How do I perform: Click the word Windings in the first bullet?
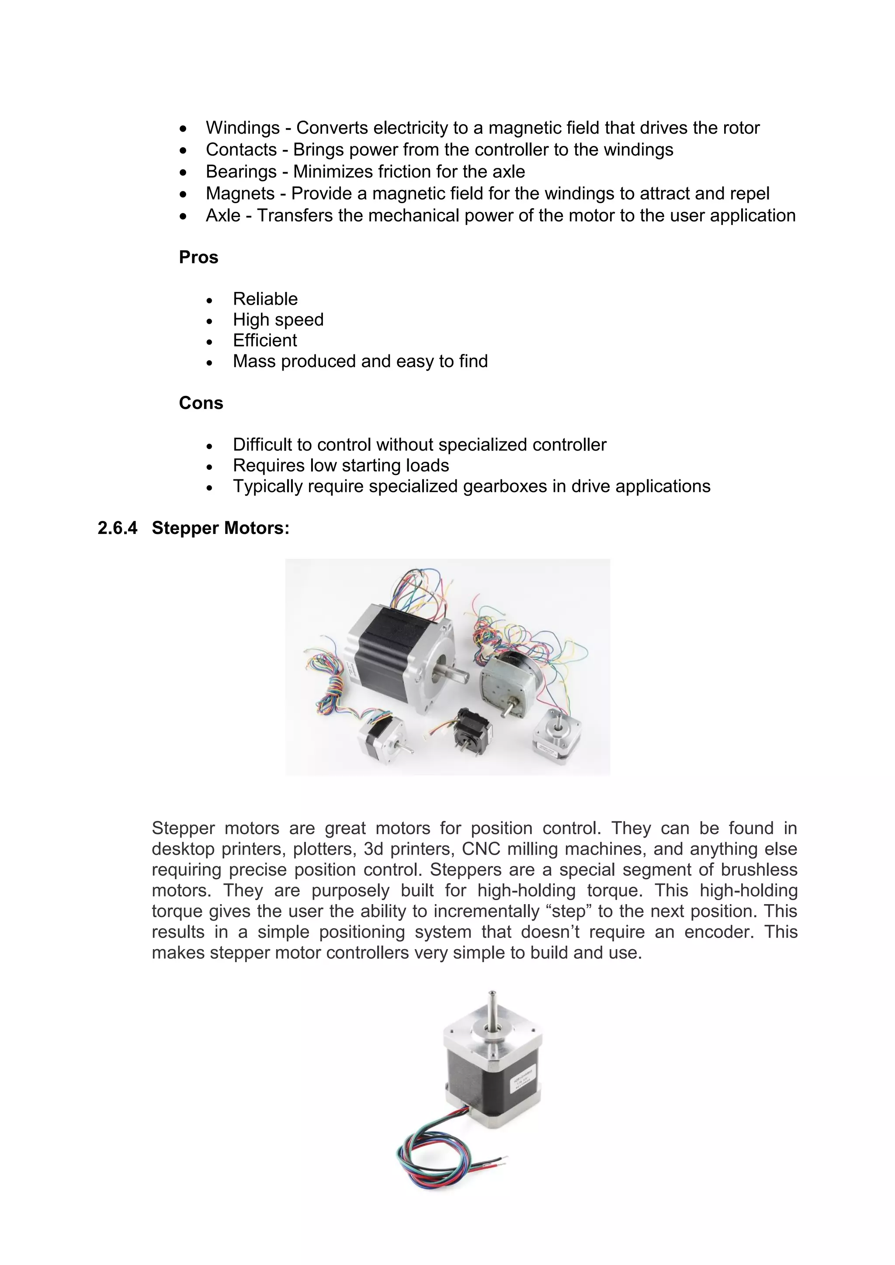pos(243,128)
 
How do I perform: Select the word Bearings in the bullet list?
pos(241,172)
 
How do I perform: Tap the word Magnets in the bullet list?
pos(240,194)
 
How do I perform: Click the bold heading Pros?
pos(198,257)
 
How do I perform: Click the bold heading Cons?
pos(201,403)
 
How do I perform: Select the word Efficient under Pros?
pos(264,340)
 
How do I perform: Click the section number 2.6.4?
pos(118,528)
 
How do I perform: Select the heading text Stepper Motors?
pos(220,528)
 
